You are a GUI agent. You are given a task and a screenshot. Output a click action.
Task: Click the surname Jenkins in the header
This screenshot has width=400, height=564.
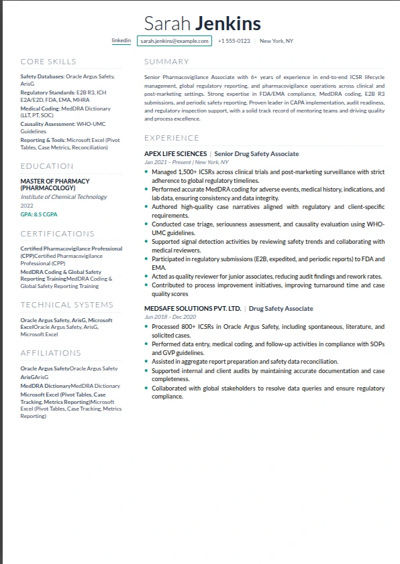pos(228,24)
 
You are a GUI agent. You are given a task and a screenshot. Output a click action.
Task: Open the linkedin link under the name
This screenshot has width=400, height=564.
pos(121,41)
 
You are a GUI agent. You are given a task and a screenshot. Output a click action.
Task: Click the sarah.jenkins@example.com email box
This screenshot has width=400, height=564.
pos(174,41)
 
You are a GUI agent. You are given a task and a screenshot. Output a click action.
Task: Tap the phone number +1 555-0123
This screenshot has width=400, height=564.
pos(234,41)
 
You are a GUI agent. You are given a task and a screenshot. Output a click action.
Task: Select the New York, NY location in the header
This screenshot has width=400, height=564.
pos(276,41)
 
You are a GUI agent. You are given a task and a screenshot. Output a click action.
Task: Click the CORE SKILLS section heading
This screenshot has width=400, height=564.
pos(48,62)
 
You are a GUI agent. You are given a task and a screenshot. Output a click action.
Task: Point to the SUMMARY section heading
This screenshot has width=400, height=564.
pos(166,62)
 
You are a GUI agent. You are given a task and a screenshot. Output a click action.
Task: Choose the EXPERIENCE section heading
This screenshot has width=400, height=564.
pos(171,138)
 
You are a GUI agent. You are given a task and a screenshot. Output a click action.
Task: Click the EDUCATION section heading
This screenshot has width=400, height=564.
pos(47,166)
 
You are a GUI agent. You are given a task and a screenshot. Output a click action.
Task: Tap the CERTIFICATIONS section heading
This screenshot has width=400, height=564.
pos(58,234)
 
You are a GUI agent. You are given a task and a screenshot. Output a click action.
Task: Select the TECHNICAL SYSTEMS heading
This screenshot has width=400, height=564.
pos(67,305)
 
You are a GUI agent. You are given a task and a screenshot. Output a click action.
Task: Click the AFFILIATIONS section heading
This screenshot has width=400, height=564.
pos(51,353)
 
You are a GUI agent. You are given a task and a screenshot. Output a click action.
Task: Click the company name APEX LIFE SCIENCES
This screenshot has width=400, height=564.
pos(175,154)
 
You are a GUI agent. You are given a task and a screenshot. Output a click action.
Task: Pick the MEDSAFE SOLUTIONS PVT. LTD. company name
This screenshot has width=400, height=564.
pos(193,309)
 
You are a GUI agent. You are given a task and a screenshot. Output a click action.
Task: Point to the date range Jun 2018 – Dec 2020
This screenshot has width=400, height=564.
pos(170,317)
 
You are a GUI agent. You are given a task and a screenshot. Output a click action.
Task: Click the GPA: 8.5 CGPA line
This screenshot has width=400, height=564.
pos(39,214)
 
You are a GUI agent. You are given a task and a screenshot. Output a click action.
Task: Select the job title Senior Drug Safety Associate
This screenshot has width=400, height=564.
pos(256,154)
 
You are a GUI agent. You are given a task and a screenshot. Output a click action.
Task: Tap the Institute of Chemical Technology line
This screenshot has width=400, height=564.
pos(64,197)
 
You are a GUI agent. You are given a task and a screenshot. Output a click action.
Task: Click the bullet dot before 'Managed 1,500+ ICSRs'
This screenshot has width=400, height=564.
pos(146,172)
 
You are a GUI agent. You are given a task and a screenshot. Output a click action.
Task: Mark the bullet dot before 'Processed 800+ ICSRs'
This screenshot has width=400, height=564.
pos(146,327)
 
